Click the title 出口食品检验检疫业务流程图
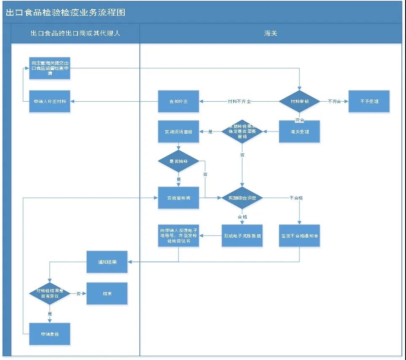coord(65,12)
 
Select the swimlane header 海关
coord(270,33)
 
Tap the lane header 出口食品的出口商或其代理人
coord(75,33)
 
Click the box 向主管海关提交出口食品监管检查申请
coord(50,68)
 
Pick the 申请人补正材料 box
coord(50,102)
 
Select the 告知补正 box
coord(178,102)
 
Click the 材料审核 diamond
coord(299,102)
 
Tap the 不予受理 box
coord(369,102)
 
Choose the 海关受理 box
coord(299,132)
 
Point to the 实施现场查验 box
coord(178,132)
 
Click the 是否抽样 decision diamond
coord(178,161)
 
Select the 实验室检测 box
coord(178,198)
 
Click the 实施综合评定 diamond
coord(242,198)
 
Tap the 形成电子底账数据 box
coord(242,235)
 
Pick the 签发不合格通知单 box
coord(299,235)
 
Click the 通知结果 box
coord(107,262)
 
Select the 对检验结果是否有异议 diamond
coord(50,293)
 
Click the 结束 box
coord(107,293)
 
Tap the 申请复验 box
coord(50,334)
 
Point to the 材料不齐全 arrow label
coord(239,102)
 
